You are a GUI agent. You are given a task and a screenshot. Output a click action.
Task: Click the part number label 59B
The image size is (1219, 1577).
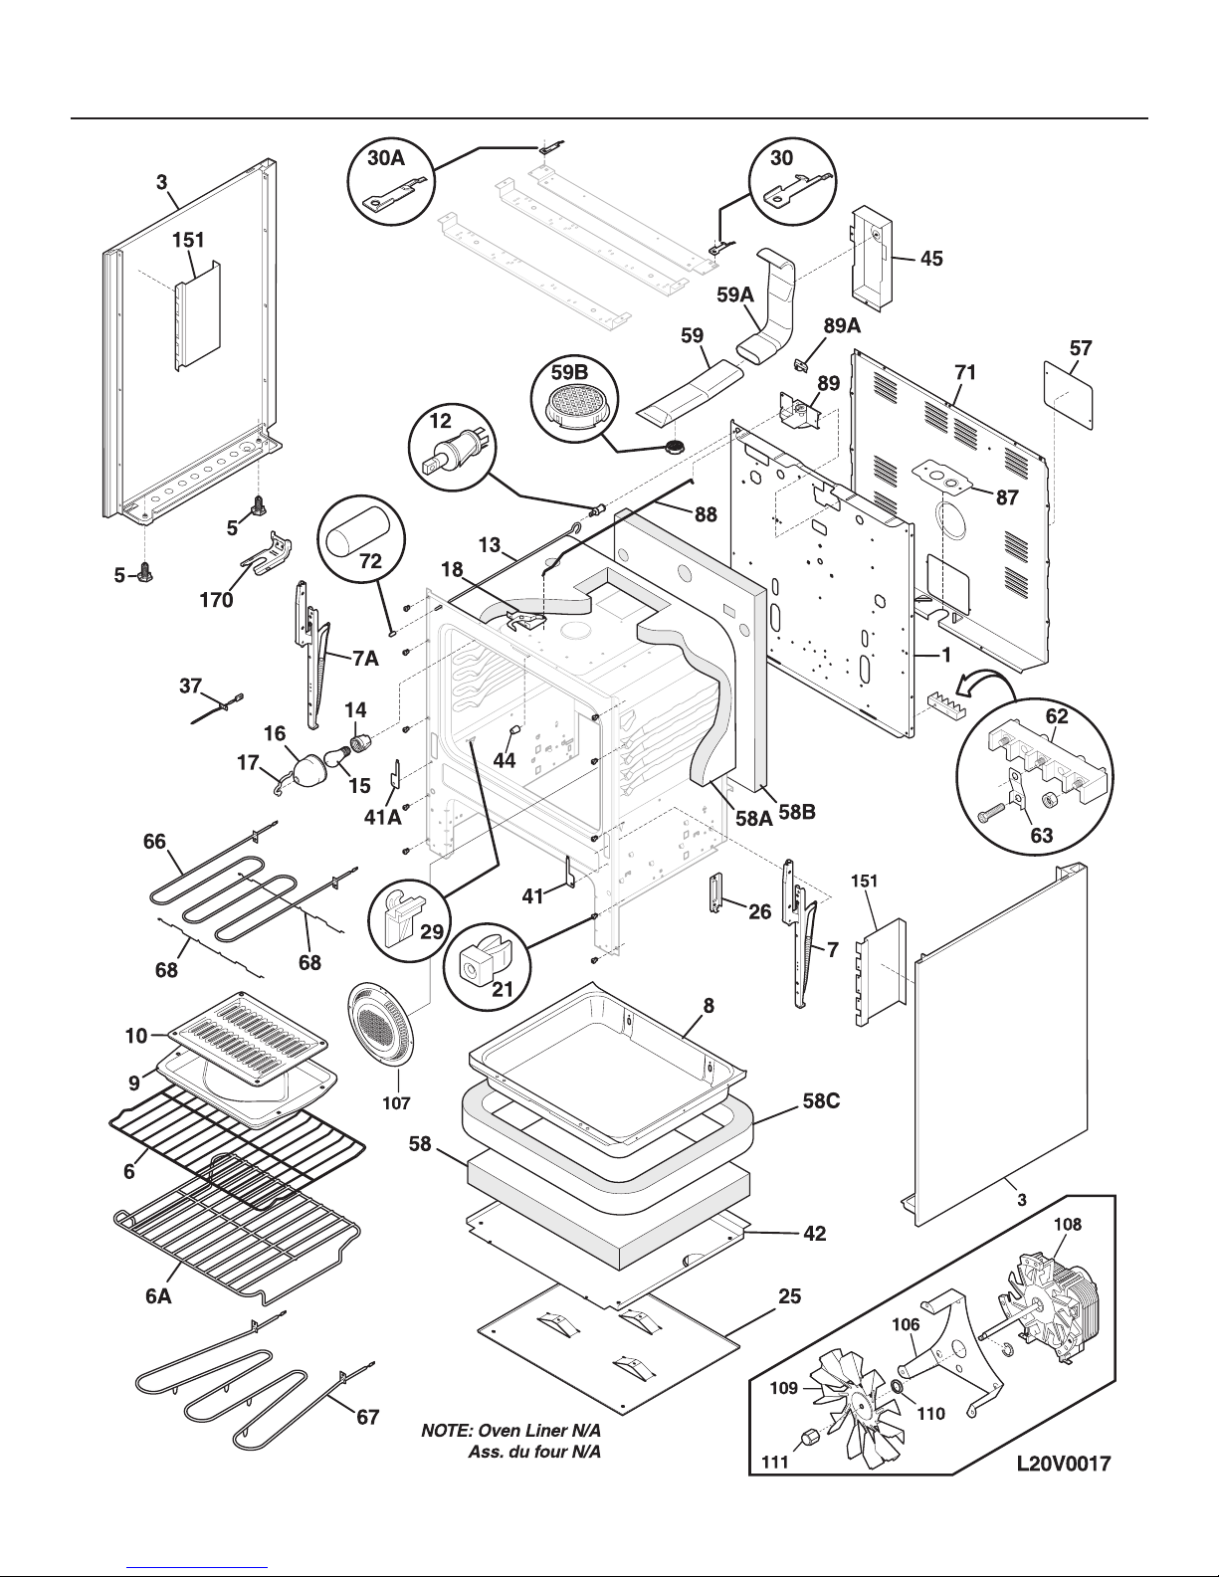(x=569, y=373)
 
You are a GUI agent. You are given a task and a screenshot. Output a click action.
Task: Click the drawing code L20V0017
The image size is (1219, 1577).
(x=1063, y=1463)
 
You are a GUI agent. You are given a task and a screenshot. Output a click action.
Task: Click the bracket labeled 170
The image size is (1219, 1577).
(x=264, y=561)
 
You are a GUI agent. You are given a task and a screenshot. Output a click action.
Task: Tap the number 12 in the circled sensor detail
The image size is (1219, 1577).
(x=441, y=422)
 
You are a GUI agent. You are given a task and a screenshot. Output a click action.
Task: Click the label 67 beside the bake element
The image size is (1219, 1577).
(x=368, y=1417)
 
